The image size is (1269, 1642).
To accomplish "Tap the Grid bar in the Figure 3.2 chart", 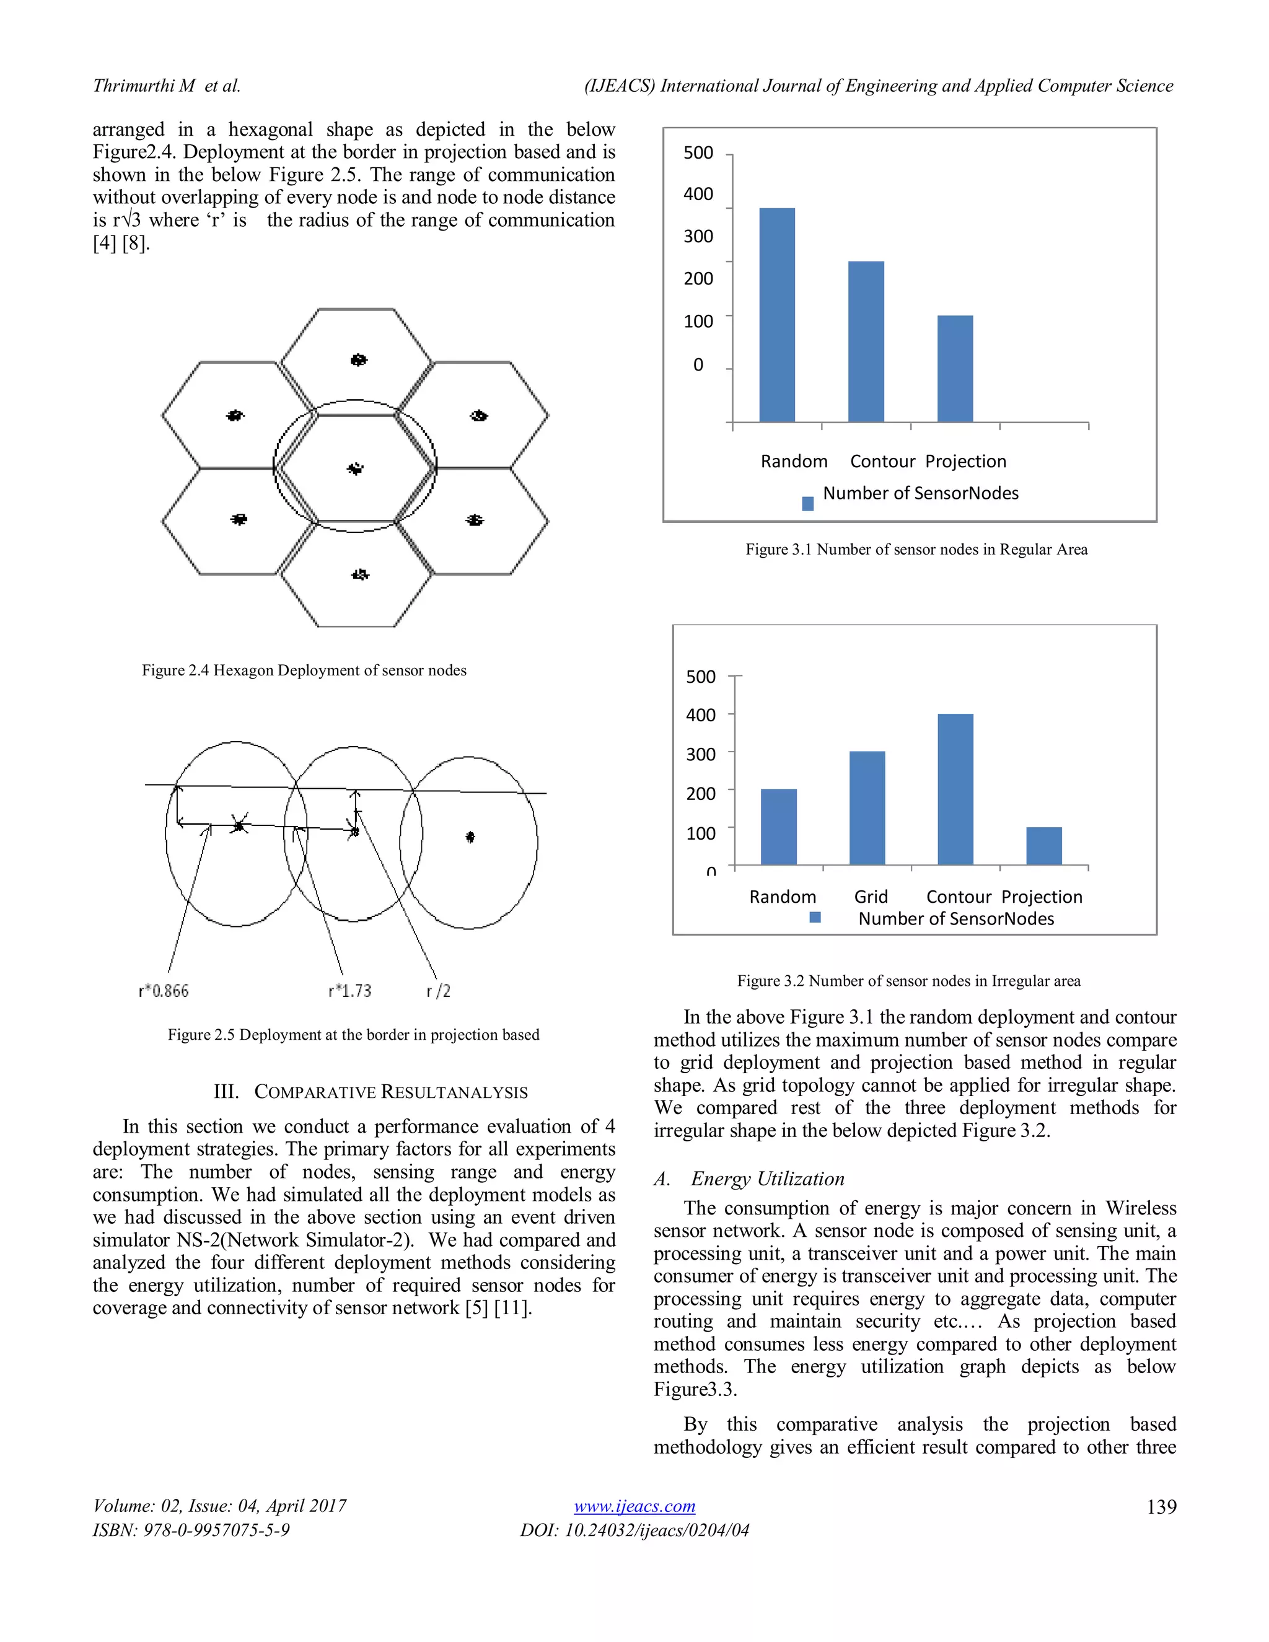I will pos(867,807).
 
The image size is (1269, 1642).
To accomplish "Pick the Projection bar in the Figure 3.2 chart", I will pos(1043,846).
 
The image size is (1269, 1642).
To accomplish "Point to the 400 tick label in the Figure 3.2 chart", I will pos(700,715).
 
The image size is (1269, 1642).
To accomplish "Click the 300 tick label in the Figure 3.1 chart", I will pos(698,236).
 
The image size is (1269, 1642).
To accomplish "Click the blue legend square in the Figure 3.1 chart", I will pos(807,504).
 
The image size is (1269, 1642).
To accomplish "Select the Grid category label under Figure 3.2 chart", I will pos(871,897).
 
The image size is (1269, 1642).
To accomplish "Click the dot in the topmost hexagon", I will pos(359,360).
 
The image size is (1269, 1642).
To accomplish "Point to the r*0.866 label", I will pos(163,991).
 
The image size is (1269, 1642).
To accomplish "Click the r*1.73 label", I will pos(349,991).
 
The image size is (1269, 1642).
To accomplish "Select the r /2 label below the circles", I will pos(438,991).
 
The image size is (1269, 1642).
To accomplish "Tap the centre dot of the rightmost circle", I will pos(470,836).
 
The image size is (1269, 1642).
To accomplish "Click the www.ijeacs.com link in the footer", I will pos(634,1507).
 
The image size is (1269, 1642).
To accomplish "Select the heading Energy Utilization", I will pos(767,1179).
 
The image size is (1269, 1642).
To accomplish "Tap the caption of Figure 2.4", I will pos(304,670).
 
